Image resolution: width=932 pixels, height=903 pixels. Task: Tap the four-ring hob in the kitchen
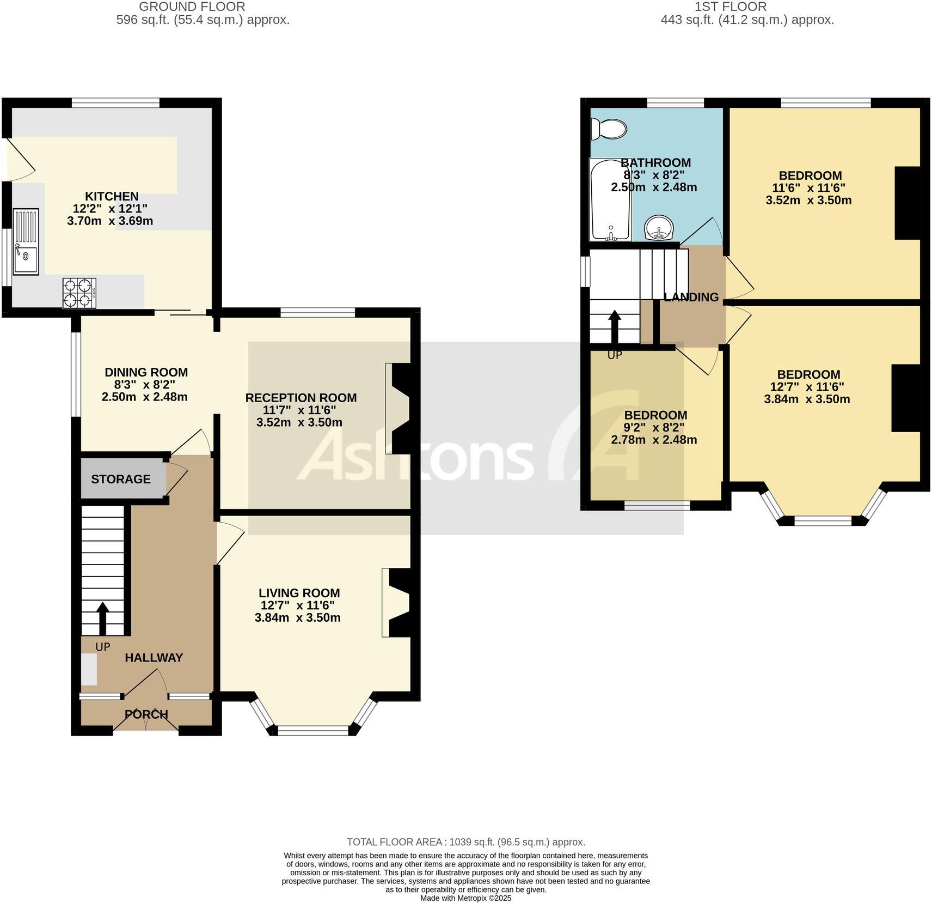tap(79, 293)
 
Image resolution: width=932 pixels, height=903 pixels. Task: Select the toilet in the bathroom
tap(609, 129)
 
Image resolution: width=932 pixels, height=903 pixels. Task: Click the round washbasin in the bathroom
tap(659, 228)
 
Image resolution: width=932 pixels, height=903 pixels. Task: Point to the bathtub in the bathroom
tap(610, 200)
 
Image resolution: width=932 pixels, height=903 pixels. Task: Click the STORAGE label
tap(121, 480)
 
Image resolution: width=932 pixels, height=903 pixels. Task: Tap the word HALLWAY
tap(154, 658)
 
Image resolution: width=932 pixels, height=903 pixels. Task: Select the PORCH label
tap(146, 714)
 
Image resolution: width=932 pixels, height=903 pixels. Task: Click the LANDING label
tap(691, 298)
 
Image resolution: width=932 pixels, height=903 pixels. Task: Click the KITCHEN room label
tap(112, 196)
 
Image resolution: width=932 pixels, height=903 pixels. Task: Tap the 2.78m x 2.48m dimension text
tap(654, 440)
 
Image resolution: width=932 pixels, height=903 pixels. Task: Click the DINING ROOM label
tap(146, 373)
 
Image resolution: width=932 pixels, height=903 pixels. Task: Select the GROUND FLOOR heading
tap(192, 7)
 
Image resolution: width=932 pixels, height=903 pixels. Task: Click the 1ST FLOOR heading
tap(731, 7)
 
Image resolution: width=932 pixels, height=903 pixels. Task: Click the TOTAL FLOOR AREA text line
tap(466, 842)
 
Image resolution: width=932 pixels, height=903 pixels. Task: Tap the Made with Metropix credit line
tap(466, 898)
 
